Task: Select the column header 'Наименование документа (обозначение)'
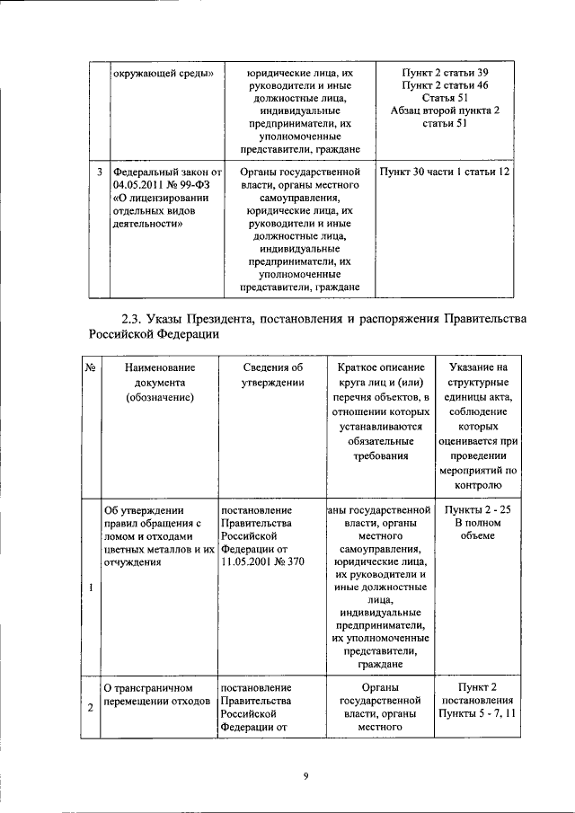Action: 160,381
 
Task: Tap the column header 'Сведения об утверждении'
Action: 273,375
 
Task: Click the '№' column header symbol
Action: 91,367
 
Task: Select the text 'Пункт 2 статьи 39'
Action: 445,72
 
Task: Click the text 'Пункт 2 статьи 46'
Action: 445,84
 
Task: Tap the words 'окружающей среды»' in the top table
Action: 162,72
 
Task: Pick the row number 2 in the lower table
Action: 92,708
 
